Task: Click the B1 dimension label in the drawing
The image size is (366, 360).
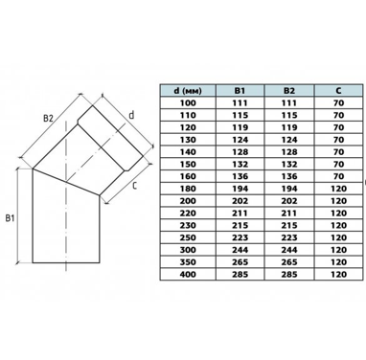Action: coord(10,218)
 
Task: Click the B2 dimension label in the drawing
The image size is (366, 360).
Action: coord(49,118)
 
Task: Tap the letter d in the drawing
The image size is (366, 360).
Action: coord(131,115)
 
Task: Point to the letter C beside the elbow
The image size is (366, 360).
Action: coord(134,185)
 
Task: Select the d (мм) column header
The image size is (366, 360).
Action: coord(188,91)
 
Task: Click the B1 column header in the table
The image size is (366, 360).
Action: coord(240,91)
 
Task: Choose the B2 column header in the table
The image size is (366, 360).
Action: coord(289,91)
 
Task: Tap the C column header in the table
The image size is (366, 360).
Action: coord(338,91)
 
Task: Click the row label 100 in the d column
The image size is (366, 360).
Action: coord(188,102)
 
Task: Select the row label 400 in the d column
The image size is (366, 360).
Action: coord(188,274)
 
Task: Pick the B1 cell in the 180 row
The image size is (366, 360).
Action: coord(240,189)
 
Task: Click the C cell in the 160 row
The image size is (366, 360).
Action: coord(338,176)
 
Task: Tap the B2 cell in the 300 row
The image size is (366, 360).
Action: coord(289,250)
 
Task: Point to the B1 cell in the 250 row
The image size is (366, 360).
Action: coord(240,237)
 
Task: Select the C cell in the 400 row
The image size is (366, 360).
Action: coord(338,274)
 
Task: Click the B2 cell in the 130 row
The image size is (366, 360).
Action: coord(289,140)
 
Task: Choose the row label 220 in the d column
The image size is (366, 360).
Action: coord(188,213)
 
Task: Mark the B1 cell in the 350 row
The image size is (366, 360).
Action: coord(240,262)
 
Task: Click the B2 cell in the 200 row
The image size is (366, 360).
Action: coord(289,201)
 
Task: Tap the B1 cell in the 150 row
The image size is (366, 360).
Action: coord(240,164)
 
